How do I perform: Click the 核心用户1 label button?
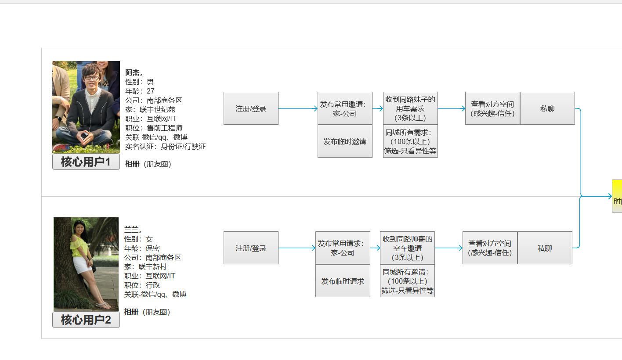click(86, 162)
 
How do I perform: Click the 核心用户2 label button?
click(86, 320)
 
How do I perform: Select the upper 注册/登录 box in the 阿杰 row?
click(251, 108)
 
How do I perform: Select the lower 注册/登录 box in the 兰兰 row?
click(251, 248)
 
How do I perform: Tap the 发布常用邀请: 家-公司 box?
click(345, 108)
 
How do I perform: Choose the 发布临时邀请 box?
click(345, 141)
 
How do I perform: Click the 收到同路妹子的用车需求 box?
click(410, 108)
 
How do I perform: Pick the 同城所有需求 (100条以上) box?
click(410, 141)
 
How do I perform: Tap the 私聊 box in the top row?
click(547, 108)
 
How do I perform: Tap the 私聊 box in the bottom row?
click(545, 248)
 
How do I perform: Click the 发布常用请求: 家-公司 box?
click(343, 248)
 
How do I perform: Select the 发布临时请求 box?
click(343, 281)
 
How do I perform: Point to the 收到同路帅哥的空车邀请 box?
click(407, 248)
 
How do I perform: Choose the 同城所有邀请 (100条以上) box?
click(407, 281)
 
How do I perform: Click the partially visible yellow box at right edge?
click(617, 196)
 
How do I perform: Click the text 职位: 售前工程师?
click(154, 128)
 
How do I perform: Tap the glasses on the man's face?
click(92, 78)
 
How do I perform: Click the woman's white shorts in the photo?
click(82, 265)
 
